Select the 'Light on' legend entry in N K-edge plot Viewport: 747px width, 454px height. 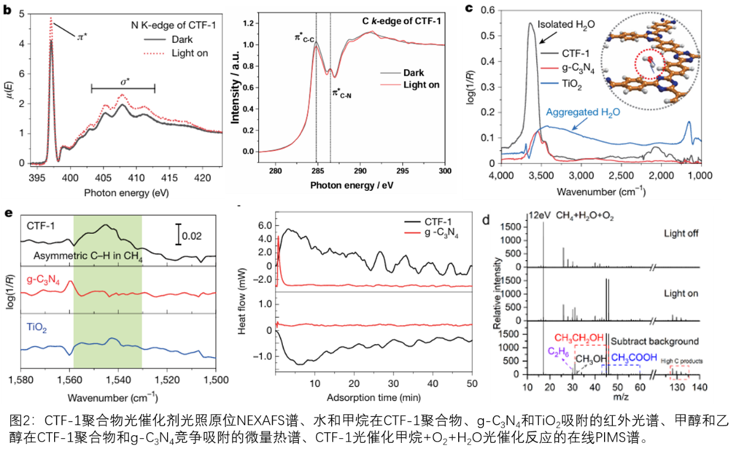tap(187, 53)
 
